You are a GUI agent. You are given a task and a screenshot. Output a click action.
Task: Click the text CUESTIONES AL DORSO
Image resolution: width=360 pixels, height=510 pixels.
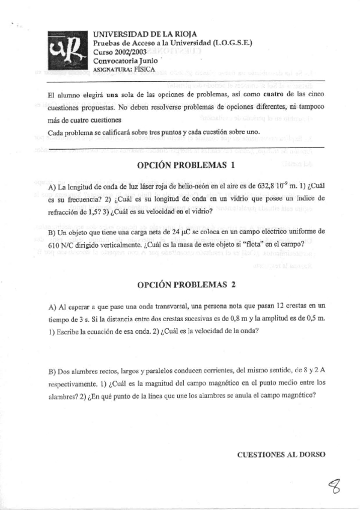click(281, 455)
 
